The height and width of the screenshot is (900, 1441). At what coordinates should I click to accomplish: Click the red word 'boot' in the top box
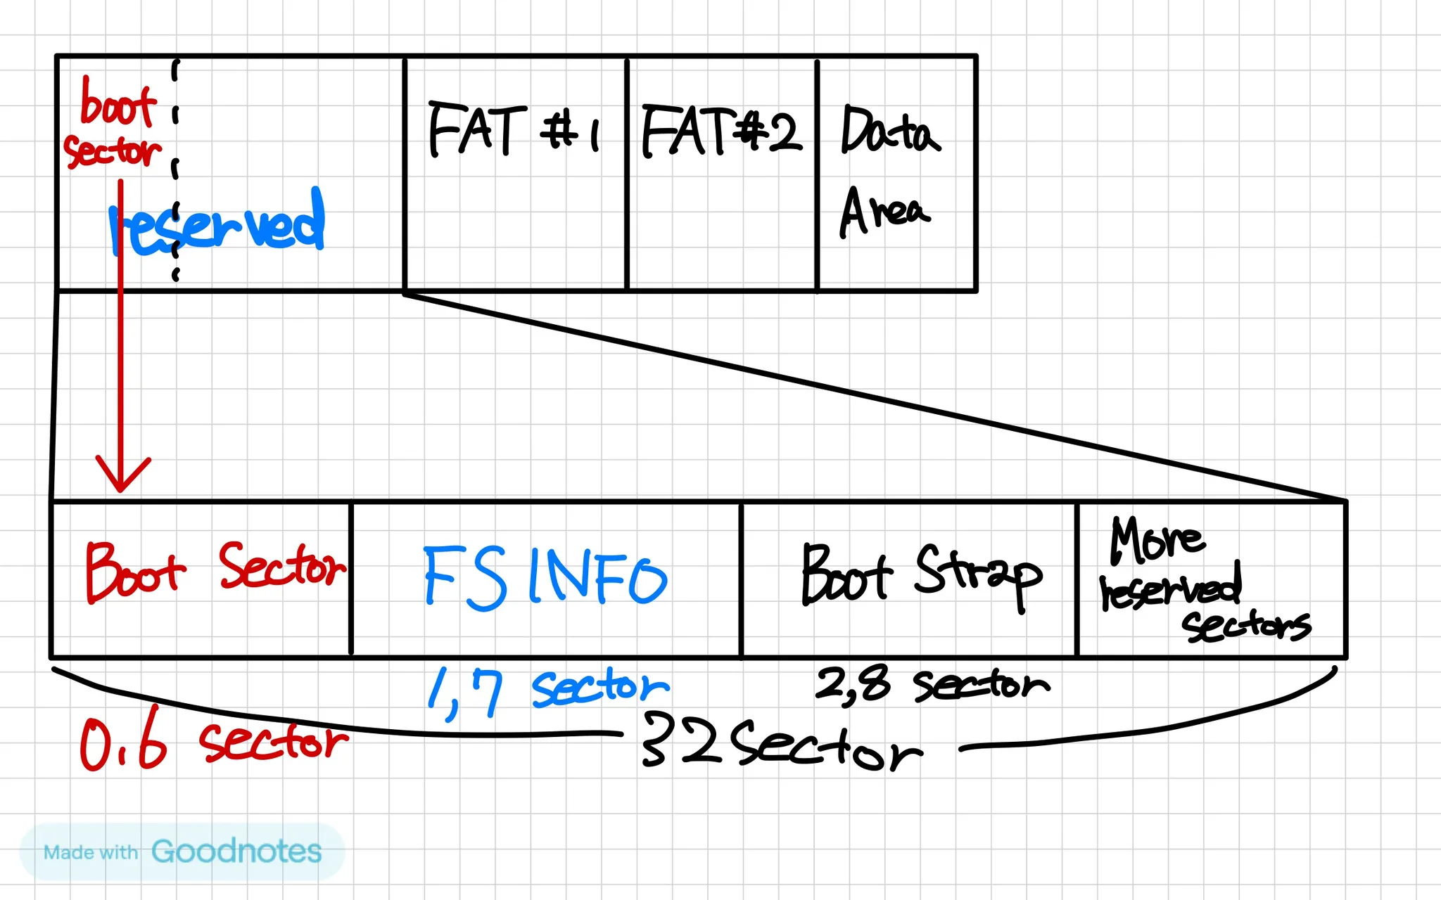click(x=118, y=105)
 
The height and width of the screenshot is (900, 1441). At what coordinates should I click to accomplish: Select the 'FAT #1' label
click(x=514, y=129)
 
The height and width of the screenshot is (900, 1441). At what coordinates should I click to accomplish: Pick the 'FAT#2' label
click(x=721, y=131)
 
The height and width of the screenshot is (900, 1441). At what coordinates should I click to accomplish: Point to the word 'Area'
click(x=884, y=212)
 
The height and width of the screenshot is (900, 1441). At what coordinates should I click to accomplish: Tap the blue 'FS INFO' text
click(x=545, y=577)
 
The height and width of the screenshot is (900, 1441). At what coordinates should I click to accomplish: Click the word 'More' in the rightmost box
click(x=1156, y=540)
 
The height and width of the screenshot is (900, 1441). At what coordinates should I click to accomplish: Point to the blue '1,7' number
click(x=466, y=693)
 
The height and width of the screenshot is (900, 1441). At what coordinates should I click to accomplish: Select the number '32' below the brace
click(x=681, y=740)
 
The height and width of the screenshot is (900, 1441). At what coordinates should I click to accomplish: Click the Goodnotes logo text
click(x=236, y=851)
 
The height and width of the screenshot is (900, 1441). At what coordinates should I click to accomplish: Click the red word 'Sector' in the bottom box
click(x=282, y=566)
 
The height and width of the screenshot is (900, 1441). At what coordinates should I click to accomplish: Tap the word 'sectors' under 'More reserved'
click(x=1246, y=625)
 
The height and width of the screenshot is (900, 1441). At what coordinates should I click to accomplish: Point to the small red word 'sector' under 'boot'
click(x=113, y=152)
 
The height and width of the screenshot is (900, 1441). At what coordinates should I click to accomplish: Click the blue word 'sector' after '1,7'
click(x=600, y=687)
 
